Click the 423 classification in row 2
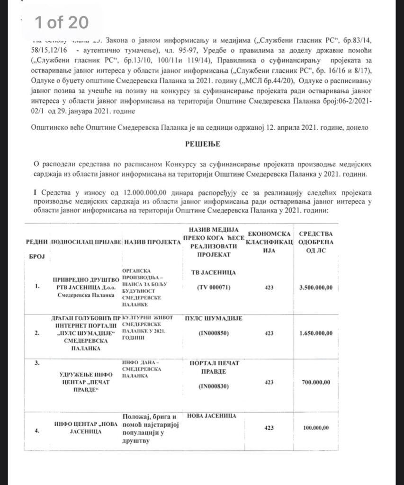(269, 333)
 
